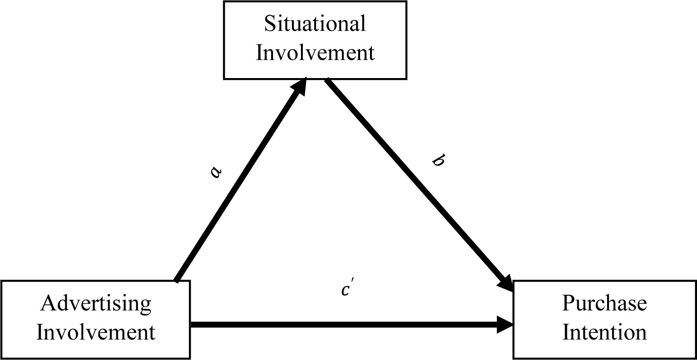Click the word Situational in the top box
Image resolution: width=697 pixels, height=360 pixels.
pyautogui.click(x=315, y=24)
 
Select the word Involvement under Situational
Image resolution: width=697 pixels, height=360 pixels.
pyautogui.click(x=315, y=53)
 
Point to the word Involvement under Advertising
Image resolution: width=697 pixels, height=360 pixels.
pyautogui.click(x=96, y=332)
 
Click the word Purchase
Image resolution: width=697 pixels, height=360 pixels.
pyautogui.click(x=604, y=303)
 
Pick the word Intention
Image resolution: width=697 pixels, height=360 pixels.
pyautogui.click(x=604, y=332)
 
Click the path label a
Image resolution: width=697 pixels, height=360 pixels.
pyautogui.click(x=216, y=172)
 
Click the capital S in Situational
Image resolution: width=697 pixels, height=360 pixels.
pyautogui.click(x=270, y=24)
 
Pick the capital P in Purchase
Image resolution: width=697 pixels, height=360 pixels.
pyautogui.click(x=568, y=303)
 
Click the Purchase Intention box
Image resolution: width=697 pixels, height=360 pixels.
pyautogui.click(x=604, y=346)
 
